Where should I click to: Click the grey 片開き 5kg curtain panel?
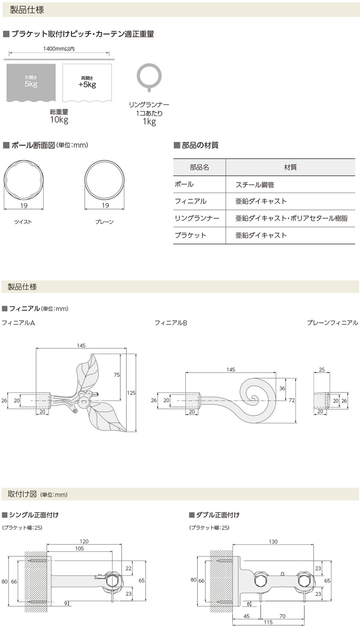point(31,82)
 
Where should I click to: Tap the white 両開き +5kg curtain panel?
point(87,82)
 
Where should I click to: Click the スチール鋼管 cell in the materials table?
point(255,185)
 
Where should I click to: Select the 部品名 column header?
point(199,167)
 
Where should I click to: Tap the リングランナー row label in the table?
point(197,218)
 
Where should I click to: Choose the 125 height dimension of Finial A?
point(131,392)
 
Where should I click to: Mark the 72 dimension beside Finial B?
point(292,400)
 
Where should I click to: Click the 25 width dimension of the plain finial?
point(322,370)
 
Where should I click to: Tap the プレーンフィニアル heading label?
point(332,323)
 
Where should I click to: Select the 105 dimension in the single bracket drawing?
point(80,549)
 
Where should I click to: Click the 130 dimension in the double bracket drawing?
point(273,542)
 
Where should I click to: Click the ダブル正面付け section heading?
point(217,515)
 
